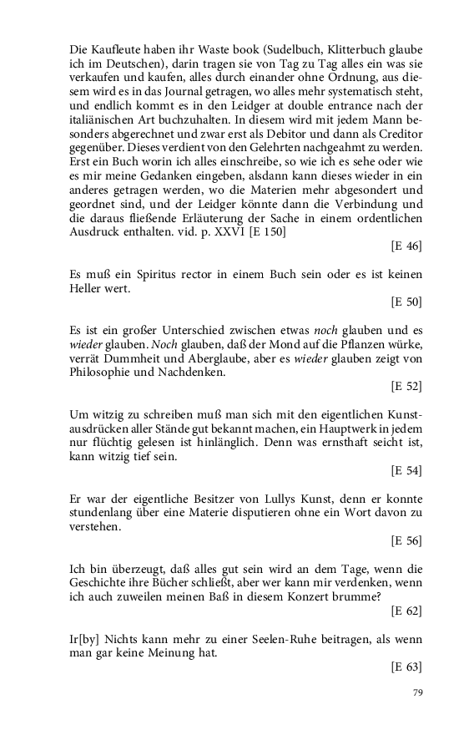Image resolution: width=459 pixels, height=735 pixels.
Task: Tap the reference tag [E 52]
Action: [x=406, y=387]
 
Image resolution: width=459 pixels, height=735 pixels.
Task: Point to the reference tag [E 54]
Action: [x=406, y=472]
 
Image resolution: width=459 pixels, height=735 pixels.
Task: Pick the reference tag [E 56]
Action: [x=406, y=542]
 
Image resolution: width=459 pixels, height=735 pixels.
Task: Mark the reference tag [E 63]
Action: [x=406, y=667]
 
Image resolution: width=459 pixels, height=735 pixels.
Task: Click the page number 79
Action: [x=418, y=693]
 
